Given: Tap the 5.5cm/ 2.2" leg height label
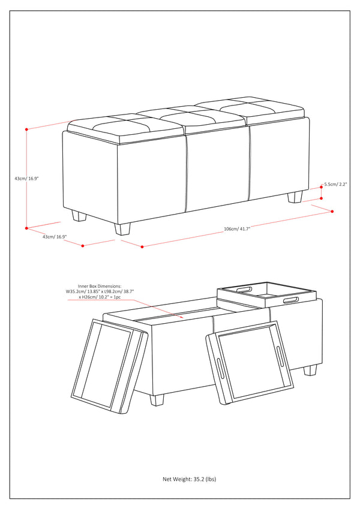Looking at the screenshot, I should coord(335,185).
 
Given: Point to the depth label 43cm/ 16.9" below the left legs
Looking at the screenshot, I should coord(54,236).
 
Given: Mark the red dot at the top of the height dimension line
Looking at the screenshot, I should coord(27,129).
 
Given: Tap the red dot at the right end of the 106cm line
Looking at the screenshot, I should coord(332,211).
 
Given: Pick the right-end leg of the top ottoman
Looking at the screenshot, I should coord(296,197).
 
